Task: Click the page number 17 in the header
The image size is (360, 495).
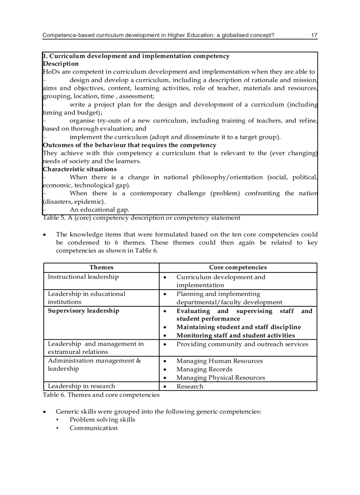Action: (x=314, y=35)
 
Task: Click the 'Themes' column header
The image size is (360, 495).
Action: (x=101, y=268)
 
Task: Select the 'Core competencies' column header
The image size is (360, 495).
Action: (x=238, y=268)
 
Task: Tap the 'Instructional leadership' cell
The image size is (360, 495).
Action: (x=83, y=277)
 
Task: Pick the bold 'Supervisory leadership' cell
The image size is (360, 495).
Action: (x=83, y=311)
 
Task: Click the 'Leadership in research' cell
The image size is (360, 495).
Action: (x=81, y=386)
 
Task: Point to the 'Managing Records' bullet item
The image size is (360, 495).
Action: (x=204, y=369)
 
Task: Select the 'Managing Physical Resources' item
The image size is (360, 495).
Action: (x=221, y=378)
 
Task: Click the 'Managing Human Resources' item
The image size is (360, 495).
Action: (x=219, y=361)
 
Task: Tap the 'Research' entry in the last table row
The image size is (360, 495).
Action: (x=190, y=387)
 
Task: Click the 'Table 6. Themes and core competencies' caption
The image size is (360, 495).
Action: (x=101, y=395)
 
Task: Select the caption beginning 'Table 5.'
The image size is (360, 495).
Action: (x=141, y=218)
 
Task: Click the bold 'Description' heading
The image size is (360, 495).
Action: (x=61, y=64)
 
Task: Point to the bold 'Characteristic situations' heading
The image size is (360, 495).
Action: (x=80, y=169)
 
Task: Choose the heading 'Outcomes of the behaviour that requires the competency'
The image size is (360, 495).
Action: (x=130, y=145)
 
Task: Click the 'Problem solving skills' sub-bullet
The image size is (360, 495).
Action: (x=102, y=420)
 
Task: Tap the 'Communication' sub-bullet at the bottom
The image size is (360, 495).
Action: (x=94, y=428)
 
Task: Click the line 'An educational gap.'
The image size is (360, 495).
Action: (x=99, y=210)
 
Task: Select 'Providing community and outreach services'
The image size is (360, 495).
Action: (x=242, y=344)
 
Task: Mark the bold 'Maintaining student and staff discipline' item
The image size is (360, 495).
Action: (x=239, y=327)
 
